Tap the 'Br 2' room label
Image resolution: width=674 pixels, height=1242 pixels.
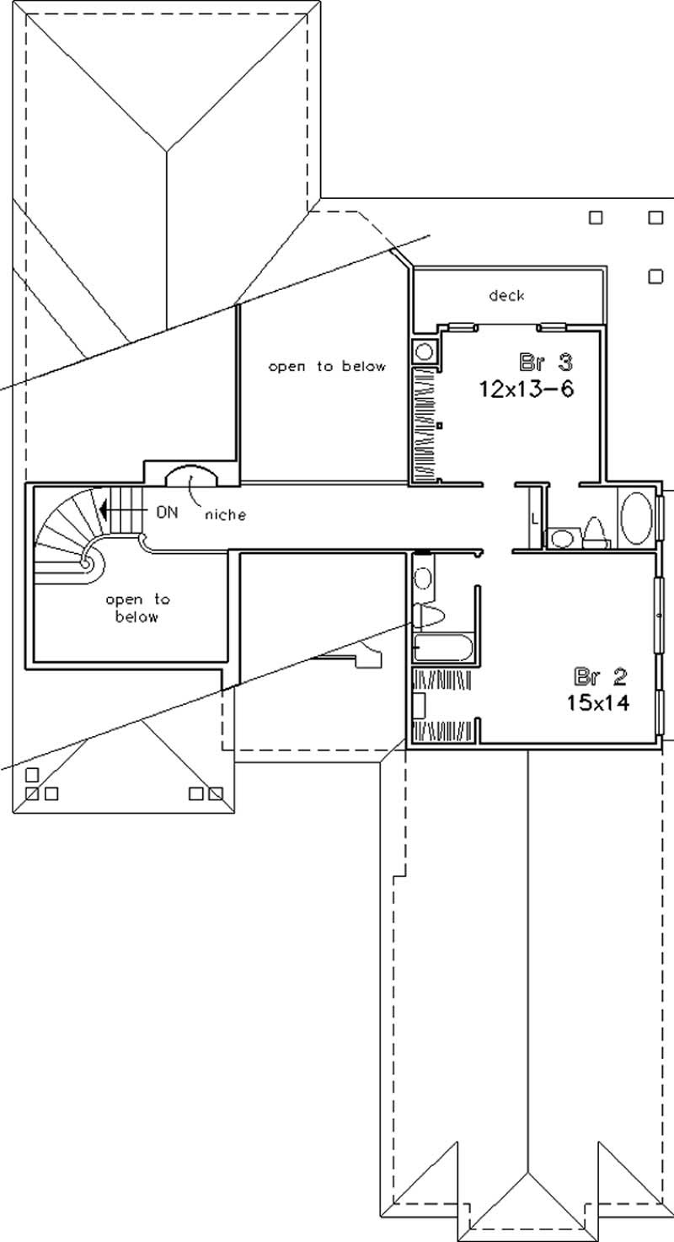pos(601,675)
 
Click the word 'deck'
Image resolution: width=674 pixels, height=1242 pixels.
pos(506,295)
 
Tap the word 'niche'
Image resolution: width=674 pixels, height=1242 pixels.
pos(223,513)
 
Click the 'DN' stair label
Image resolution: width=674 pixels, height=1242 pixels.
pos(167,511)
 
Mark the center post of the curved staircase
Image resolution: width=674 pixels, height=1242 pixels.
pos(86,560)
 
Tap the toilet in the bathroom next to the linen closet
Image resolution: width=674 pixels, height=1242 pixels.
pos(595,532)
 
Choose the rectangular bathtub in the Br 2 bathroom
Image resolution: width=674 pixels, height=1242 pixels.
pos(442,648)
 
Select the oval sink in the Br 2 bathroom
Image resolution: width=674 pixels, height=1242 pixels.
pos(424,578)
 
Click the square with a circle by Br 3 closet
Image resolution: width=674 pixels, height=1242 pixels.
pos(424,351)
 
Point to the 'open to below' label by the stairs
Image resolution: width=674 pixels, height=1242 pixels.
pos(137,608)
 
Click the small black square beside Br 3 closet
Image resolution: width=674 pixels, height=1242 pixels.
pos(439,427)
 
